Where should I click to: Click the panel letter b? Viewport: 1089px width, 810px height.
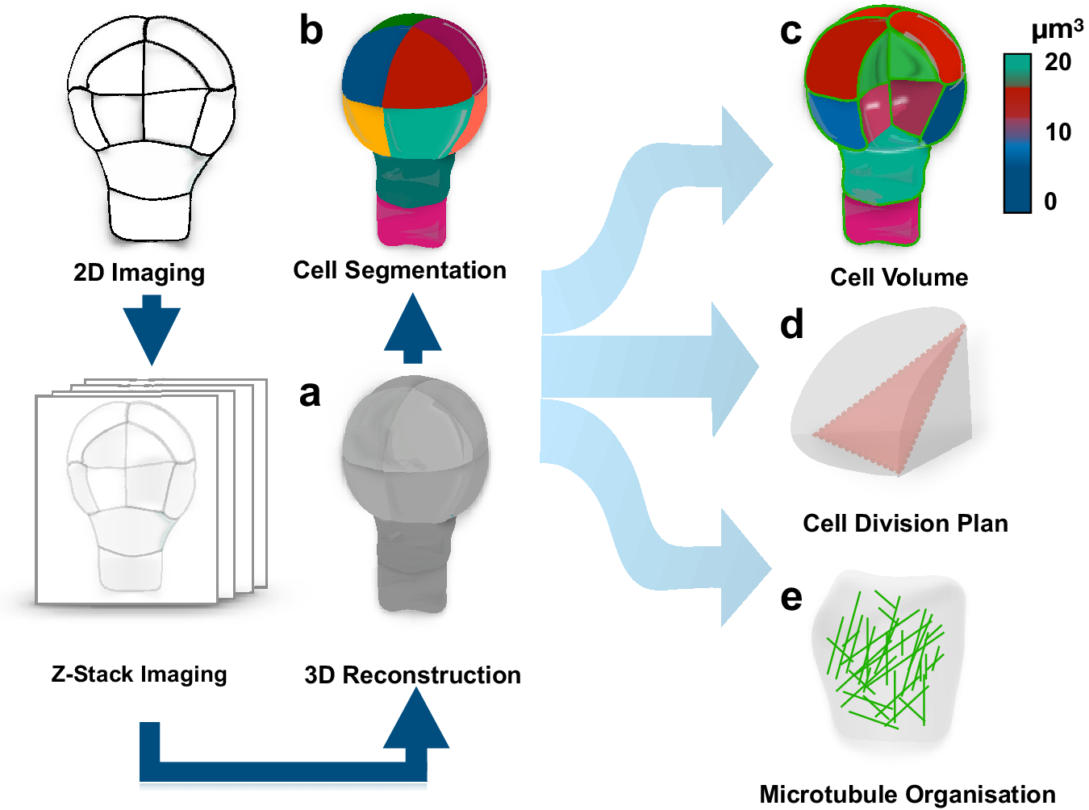click(x=311, y=31)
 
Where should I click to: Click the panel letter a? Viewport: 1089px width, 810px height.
click(x=310, y=394)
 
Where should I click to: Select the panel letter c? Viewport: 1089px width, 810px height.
click(x=791, y=31)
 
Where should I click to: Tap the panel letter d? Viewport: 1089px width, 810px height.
click(x=792, y=324)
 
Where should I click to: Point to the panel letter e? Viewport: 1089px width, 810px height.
click(x=792, y=598)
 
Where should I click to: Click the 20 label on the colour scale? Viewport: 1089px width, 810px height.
click(x=1058, y=62)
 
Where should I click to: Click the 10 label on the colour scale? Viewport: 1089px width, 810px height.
click(x=1058, y=132)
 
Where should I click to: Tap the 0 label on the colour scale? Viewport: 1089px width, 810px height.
click(x=1049, y=201)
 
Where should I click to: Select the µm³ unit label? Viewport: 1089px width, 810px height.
click(x=1057, y=29)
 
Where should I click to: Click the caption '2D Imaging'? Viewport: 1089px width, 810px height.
click(x=139, y=273)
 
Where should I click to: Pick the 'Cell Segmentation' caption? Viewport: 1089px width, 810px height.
click(x=399, y=270)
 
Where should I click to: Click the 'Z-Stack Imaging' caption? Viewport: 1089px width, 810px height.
click(x=139, y=674)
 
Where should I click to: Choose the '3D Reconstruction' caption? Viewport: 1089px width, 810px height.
click(x=412, y=674)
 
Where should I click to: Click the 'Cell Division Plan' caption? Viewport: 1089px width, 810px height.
click(x=905, y=524)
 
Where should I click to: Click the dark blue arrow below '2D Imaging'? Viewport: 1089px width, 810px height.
click(x=151, y=328)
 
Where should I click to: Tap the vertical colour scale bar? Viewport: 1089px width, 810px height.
click(x=1017, y=133)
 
